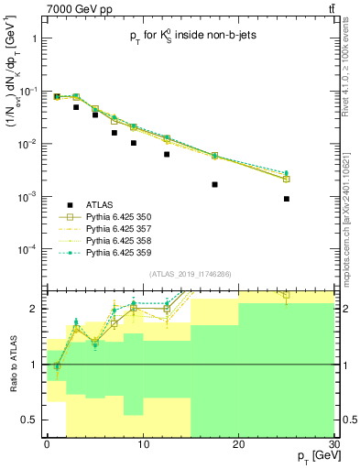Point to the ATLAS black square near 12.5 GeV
pos(167,154)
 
